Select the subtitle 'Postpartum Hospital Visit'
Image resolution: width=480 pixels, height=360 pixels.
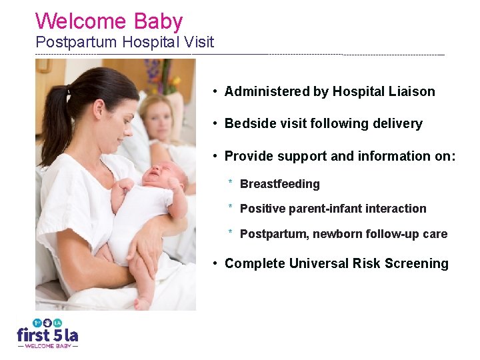click(x=125, y=43)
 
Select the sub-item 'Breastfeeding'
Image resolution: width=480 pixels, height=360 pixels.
click(x=279, y=184)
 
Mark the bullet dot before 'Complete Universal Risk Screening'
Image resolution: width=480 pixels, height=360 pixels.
click(x=215, y=264)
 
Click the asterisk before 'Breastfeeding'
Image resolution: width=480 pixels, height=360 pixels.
click(x=230, y=182)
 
